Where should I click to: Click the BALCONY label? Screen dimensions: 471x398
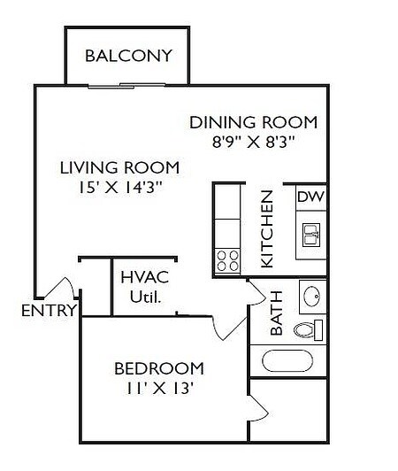(128, 56)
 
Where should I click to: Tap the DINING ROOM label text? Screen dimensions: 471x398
(253, 122)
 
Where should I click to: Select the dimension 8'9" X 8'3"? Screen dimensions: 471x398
(253, 142)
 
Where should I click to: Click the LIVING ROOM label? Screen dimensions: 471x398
(119, 167)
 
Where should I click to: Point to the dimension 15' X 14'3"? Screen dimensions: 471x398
(119, 188)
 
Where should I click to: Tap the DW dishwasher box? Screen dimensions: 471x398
(309, 197)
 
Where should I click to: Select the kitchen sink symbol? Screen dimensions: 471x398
(311, 235)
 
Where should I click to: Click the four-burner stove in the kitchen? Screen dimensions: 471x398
(227, 259)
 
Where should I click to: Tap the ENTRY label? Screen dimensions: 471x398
(49, 311)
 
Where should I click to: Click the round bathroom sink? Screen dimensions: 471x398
(311, 295)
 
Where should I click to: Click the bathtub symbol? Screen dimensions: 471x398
(287, 360)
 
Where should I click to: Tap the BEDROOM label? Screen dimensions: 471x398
(159, 367)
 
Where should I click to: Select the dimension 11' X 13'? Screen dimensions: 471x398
(159, 388)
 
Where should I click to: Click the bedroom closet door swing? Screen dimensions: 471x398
(258, 409)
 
